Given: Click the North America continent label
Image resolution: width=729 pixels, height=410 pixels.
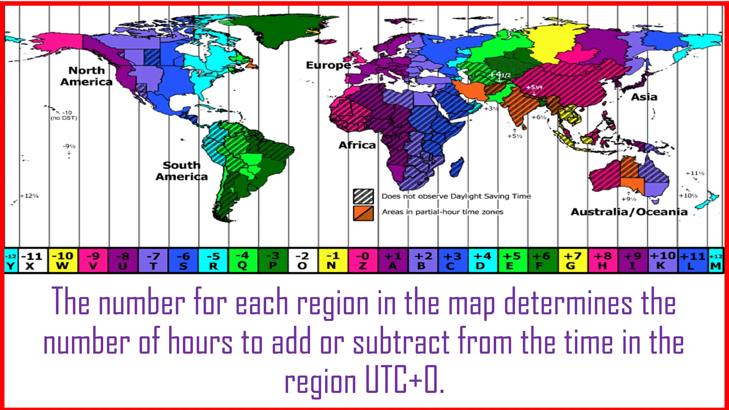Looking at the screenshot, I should click(86, 76).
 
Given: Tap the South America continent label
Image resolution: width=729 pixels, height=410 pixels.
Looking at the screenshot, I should click(182, 171).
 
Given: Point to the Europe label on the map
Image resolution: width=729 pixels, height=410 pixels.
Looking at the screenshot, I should click(328, 65).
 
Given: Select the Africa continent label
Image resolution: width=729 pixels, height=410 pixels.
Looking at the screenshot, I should click(357, 145).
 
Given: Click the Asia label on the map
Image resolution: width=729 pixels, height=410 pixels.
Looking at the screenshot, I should click(644, 97).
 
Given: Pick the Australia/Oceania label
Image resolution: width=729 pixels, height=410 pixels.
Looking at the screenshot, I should click(629, 212).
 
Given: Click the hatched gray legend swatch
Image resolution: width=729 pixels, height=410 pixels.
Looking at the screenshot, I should click(363, 196).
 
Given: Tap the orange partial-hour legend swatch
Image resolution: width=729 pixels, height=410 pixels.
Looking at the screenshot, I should click(363, 213).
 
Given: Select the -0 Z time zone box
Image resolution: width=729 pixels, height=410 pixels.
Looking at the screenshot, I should click(363, 261).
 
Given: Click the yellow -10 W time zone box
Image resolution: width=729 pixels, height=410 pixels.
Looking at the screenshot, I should click(63, 261).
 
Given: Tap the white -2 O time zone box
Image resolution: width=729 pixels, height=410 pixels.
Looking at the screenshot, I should click(303, 261).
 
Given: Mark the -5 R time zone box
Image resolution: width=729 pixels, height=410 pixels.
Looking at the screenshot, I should click(213, 261).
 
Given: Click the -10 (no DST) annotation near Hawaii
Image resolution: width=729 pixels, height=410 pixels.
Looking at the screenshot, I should click(64, 115).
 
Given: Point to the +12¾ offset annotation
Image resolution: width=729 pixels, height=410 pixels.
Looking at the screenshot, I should click(30, 196).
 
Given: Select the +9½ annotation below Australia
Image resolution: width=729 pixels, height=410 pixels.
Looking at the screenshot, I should click(629, 199).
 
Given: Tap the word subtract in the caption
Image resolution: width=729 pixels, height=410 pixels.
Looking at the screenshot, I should click(401, 342).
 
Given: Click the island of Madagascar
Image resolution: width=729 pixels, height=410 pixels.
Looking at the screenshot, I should click(457, 167).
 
